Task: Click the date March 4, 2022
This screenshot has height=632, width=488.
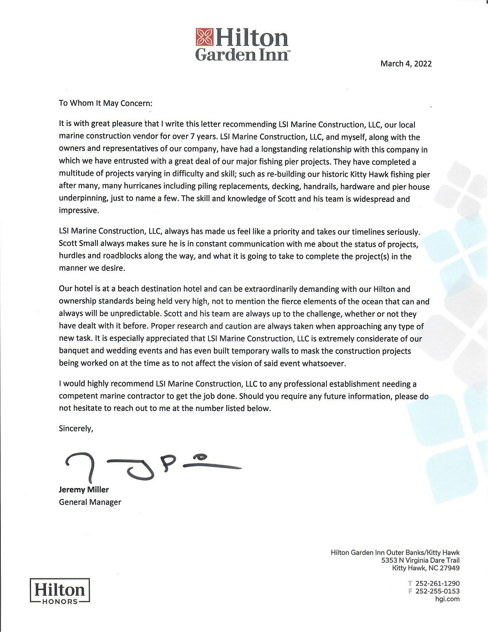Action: (x=406, y=64)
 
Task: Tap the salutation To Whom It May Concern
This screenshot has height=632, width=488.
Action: (x=105, y=103)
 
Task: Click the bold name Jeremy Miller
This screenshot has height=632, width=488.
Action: (x=83, y=490)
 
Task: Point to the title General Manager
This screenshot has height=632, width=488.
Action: (x=90, y=502)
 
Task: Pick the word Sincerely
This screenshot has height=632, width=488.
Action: (x=76, y=428)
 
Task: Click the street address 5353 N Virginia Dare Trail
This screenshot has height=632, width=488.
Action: (x=420, y=560)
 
